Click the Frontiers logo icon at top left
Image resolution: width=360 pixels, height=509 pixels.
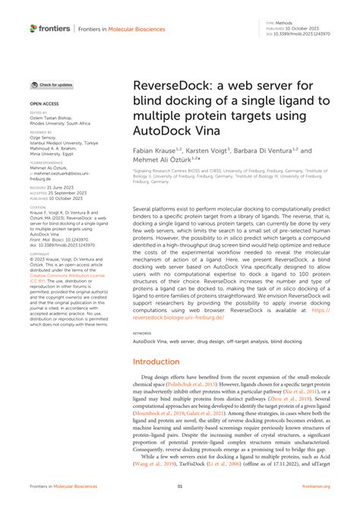[x=34, y=29]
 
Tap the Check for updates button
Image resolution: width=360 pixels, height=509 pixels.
[x=52, y=85]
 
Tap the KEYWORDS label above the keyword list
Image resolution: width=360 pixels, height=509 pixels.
[x=141, y=333]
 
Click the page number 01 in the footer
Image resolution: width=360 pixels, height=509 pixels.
[x=180, y=486]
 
